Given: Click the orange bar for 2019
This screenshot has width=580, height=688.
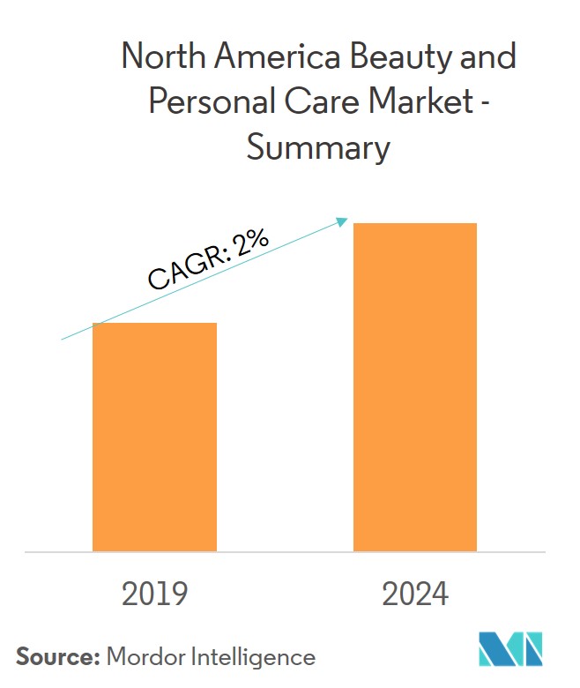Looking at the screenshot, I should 154,437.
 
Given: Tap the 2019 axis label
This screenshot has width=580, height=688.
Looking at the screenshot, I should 154,595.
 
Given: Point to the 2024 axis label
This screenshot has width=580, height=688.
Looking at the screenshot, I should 414,595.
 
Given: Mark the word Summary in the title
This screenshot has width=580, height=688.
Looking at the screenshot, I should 317,147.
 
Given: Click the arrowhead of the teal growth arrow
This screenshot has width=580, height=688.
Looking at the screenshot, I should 345,221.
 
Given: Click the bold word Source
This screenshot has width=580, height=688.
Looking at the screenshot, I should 56,656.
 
